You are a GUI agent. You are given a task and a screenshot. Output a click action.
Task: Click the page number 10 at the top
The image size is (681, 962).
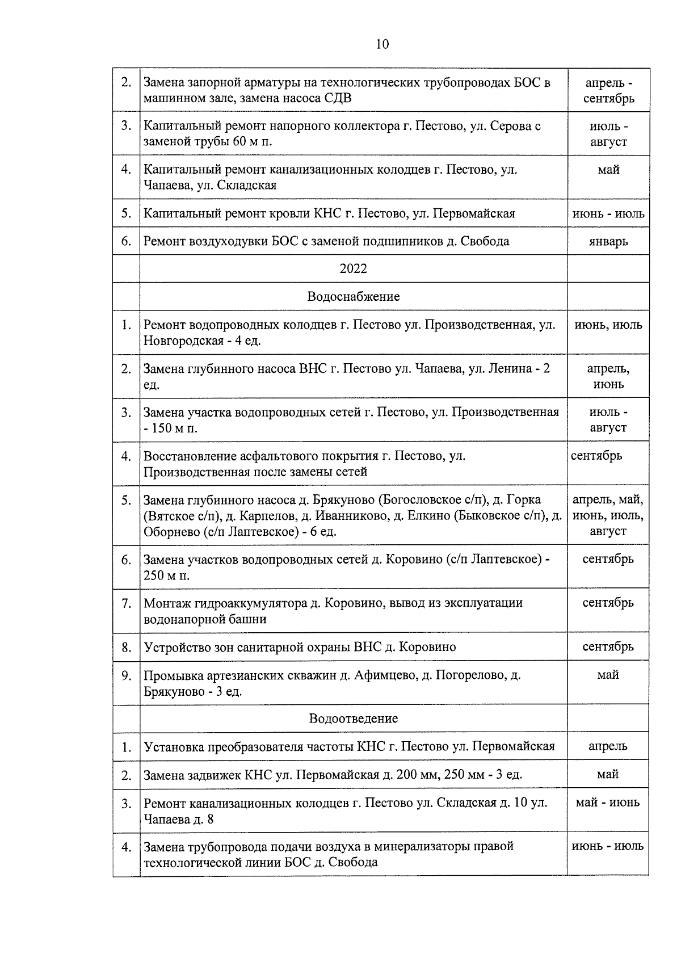tap(382, 44)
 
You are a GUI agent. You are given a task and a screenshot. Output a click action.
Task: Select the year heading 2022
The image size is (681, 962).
tap(353, 268)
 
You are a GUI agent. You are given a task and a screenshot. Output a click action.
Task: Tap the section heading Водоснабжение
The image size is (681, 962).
tap(353, 296)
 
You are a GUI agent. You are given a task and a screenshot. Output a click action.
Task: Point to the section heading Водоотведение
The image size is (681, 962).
tap(353, 719)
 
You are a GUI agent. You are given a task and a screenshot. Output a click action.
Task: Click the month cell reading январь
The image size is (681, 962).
tap(608, 241)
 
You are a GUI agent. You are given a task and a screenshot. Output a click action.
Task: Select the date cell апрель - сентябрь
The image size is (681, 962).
tap(608, 91)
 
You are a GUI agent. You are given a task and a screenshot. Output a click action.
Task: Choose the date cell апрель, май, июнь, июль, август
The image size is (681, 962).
tap(608, 515)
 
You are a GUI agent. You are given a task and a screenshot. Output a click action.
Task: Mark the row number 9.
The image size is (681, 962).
tap(125, 675)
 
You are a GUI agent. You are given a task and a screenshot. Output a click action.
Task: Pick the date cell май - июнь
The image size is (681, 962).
tap(607, 803)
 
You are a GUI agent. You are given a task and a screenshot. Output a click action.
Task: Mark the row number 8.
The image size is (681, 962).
tap(125, 647)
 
